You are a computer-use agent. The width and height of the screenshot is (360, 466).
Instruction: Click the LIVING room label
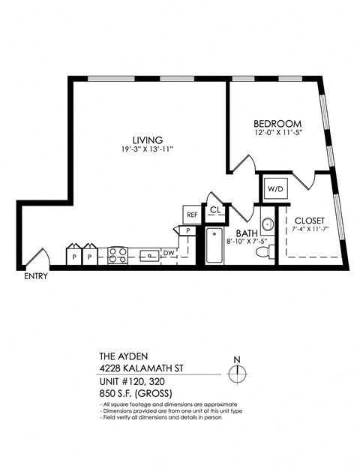[x=147, y=140]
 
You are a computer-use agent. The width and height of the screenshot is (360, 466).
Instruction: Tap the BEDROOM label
[x=277, y=124]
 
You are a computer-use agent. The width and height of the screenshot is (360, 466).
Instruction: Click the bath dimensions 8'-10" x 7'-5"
[x=245, y=242]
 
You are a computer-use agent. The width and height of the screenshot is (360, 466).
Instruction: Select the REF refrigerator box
[x=192, y=215]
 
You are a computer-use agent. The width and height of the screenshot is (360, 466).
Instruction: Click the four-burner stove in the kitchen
[x=118, y=255]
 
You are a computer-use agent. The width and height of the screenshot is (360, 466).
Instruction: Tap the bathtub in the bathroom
[x=214, y=245]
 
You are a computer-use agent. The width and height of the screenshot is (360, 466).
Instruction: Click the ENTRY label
[x=35, y=276]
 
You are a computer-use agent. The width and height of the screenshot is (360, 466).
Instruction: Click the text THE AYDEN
[x=124, y=356]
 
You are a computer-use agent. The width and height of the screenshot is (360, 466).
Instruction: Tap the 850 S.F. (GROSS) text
[x=136, y=394]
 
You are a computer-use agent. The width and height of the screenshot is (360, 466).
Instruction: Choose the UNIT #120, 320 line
[x=134, y=382]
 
